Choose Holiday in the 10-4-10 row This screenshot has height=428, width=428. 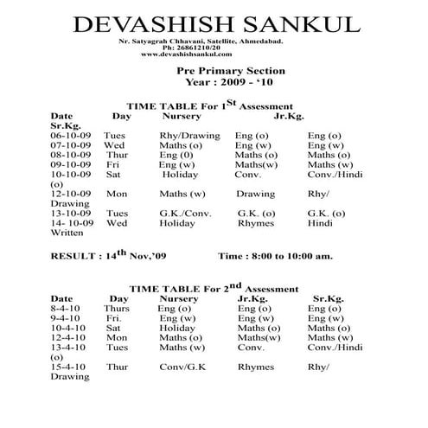(177, 329)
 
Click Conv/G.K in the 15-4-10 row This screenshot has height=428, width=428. (179, 367)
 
